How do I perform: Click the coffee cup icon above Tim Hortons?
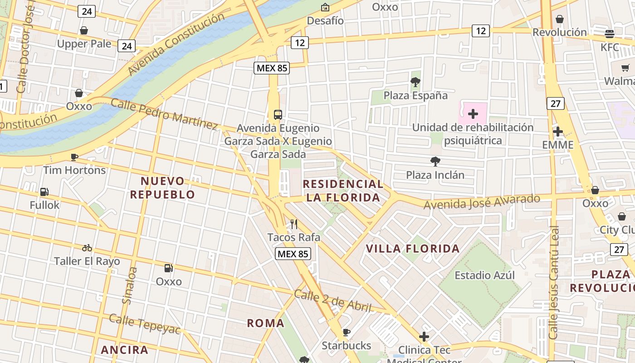(x=74, y=157)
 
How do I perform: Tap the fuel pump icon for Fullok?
(x=44, y=192)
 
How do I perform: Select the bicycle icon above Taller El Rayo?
(x=87, y=248)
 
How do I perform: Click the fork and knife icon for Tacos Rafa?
(x=293, y=224)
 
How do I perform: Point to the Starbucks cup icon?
(x=347, y=332)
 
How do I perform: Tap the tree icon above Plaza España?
(x=415, y=82)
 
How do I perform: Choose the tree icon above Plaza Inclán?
(x=435, y=161)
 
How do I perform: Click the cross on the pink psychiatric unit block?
(x=473, y=113)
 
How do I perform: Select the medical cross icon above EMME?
(x=558, y=132)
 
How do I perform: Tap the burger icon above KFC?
(x=610, y=34)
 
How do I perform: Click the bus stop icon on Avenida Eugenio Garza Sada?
(x=278, y=115)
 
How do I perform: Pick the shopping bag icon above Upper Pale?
(x=84, y=30)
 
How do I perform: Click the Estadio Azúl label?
(x=484, y=275)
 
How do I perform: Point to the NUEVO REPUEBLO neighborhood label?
(x=162, y=188)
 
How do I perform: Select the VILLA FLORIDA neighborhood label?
(x=413, y=249)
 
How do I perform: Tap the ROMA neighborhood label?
(x=266, y=323)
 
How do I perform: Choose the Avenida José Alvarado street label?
(x=482, y=202)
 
